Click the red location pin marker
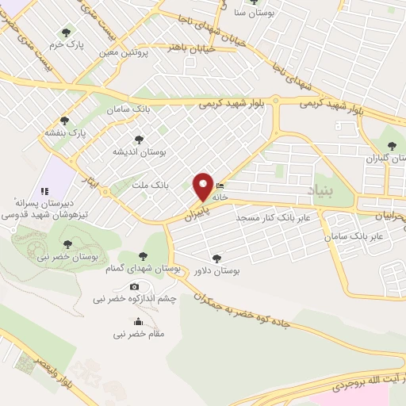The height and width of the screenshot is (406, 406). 204,186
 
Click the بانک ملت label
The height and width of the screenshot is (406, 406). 150,185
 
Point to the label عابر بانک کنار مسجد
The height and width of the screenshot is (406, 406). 278,216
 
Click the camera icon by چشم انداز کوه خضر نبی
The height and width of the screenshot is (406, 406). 134,286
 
